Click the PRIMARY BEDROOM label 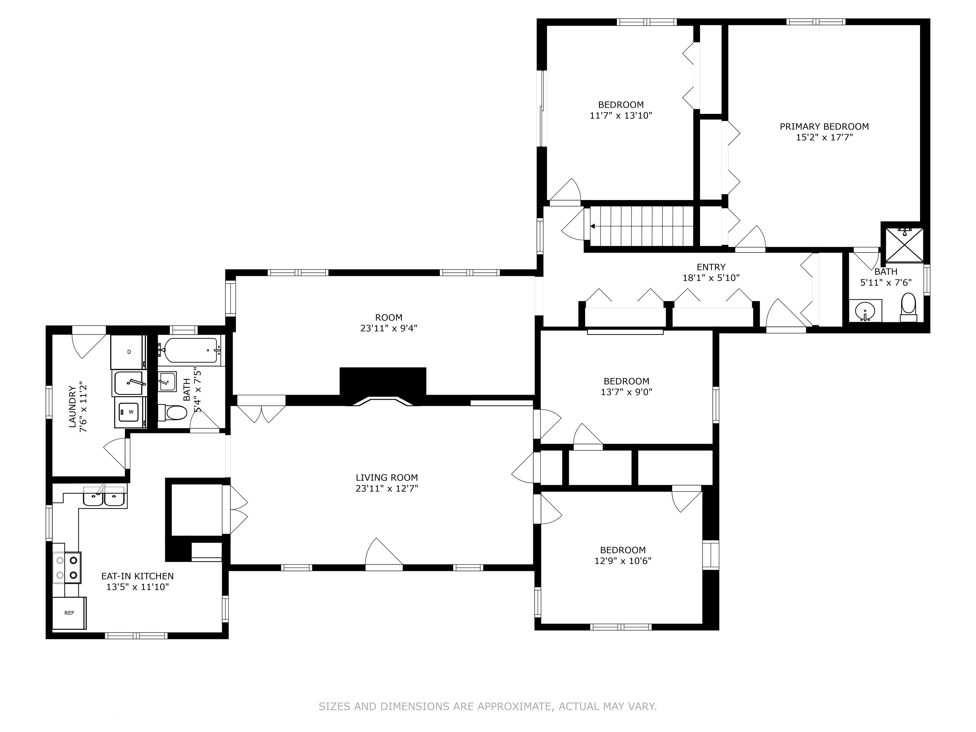point(824,127)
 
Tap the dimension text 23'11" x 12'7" point(386,488)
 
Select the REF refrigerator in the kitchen point(69,613)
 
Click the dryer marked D point(129,352)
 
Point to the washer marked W point(130,412)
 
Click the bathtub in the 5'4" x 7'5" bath point(190,350)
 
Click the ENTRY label point(711,267)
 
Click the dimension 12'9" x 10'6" point(623,561)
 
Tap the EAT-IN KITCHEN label point(137,576)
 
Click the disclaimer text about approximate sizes point(488,706)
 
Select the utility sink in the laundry point(129,383)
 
